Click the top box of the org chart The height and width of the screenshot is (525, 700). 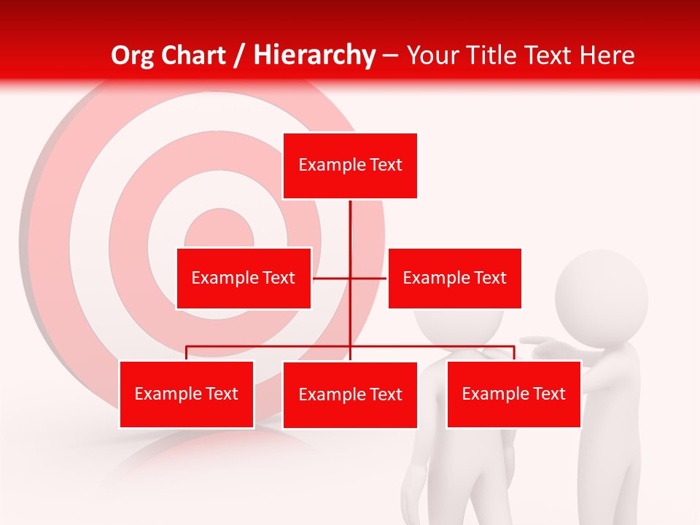[x=350, y=166]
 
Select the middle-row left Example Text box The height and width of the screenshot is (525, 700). [x=244, y=278]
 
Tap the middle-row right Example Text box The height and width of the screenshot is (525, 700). [x=454, y=278]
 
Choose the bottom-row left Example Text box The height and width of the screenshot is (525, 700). [x=187, y=394]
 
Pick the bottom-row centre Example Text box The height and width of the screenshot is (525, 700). [x=350, y=394]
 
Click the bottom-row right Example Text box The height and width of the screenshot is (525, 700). [x=513, y=394]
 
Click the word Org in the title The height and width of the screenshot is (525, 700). [x=133, y=55]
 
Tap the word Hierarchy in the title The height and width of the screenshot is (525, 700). [x=314, y=55]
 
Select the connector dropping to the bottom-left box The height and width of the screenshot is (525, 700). [x=187, y=353]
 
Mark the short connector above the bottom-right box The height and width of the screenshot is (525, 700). [x=514, y=353]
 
